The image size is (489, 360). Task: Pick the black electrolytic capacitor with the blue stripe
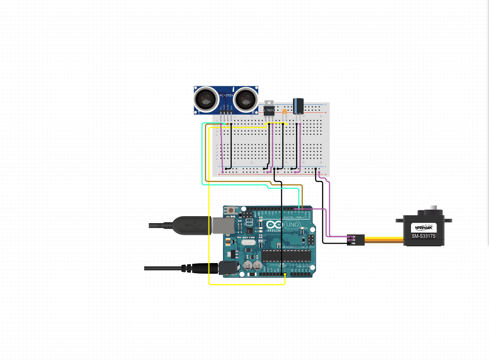[298, 105]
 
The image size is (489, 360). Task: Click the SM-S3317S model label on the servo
[424, 236]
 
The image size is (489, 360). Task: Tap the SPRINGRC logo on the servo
[424, 228]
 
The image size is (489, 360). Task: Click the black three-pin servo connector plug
[355, 239]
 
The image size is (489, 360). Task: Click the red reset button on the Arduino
[231, 211]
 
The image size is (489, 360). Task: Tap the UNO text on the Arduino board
[292, 225]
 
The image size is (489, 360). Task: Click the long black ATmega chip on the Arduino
[282, 256]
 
